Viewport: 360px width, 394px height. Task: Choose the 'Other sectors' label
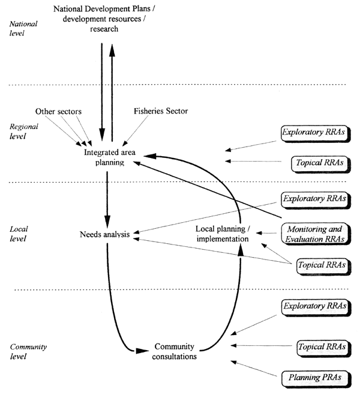pyautogui.click(x=58, y=111)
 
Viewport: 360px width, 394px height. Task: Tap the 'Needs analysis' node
pyautogui.click(x=105, y=234)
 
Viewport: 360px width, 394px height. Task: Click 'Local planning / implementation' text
pyautogui.click(x=222, y=234)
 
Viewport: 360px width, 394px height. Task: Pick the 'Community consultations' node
pyautogui.click(x=175, y=351)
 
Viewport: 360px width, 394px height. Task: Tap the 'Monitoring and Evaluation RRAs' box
pyautogui.click(x=315, y=233)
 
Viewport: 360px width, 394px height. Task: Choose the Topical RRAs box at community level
pyautogui.click(x=321, y=347)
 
